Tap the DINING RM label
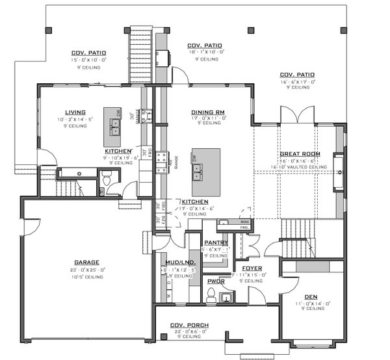(208, 112)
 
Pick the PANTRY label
(214, 242)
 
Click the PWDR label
(214, 281)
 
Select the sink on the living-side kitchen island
(115, 130)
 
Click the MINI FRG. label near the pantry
(244, 225)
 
